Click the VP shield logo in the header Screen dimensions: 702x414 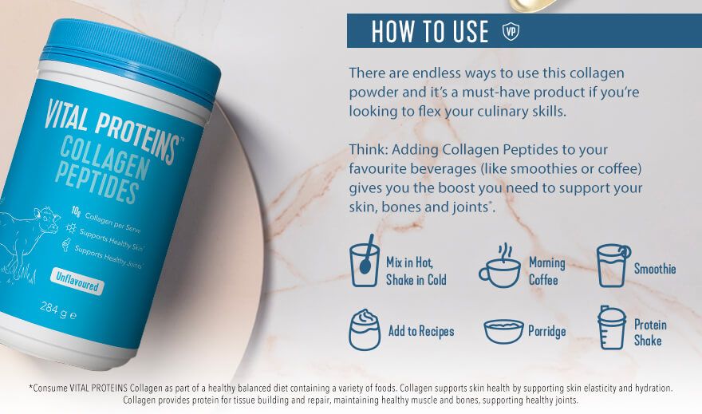coord(511,31)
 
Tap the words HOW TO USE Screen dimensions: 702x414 coord(430,31)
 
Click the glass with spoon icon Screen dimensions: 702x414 coord(365,261)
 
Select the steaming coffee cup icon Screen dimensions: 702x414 coord(499,266)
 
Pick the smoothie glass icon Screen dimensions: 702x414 coord(613,265)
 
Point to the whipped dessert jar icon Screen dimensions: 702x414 coord(365,330)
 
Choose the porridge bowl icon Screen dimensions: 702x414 coord(503,331)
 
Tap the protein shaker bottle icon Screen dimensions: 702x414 coord(612,328)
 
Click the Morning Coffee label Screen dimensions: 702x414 coord(546,271)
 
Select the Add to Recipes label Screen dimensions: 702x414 coord(421,331)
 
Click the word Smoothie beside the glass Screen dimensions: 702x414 coord(655,269)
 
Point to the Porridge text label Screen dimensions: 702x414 coord(547,332)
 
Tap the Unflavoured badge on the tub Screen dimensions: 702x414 coord(77,281)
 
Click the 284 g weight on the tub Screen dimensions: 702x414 coord(58,310)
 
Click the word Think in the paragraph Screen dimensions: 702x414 coord(369,149)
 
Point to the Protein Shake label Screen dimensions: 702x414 coord(650,333)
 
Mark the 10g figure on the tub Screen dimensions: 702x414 coord(76,211)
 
